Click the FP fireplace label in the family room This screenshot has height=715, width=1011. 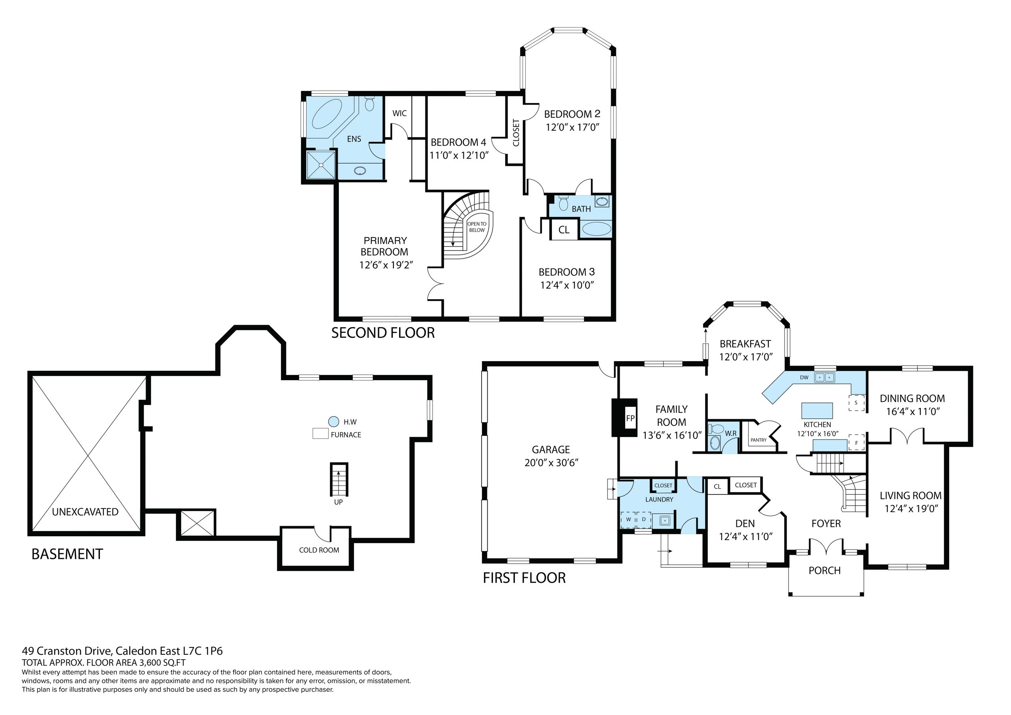coord(630,418)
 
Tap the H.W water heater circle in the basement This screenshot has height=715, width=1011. coord(334,421)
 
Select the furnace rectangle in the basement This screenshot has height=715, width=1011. coord(321,433)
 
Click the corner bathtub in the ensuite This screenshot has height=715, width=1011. coord(328,114)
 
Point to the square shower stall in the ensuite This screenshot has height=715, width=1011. coord(321,165)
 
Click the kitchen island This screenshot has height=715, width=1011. coord(817,410)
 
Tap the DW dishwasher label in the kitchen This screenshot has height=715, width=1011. coord(804,377)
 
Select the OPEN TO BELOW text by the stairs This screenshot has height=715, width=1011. coord(477,227)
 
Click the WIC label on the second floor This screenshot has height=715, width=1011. coord(400,113)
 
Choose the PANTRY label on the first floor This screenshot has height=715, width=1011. coord(758,440)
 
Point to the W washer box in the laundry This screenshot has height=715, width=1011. coord(628,520)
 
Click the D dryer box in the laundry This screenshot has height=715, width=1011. coord(644,520)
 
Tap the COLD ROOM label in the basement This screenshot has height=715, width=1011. coord(319,550)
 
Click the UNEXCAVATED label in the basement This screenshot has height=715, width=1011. coord(85,512)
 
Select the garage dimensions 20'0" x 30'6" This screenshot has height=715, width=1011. coord(551,463)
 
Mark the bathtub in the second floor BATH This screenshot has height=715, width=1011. coord(596,229)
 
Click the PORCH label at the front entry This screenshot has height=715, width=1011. coord(824,570)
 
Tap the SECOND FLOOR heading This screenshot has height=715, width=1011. coord(383,333)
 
